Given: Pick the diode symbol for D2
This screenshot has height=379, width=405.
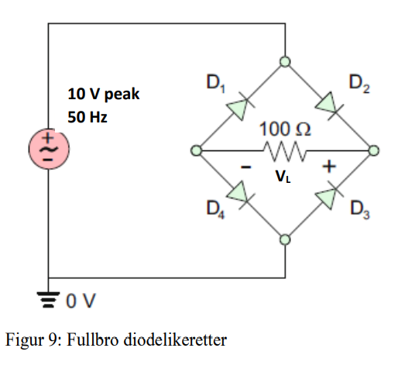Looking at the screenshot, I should (328, 105).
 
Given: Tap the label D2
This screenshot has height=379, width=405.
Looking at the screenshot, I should (359, 81).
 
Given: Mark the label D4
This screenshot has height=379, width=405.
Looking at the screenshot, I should (215, 209).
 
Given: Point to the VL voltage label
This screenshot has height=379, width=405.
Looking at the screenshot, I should (284, 176).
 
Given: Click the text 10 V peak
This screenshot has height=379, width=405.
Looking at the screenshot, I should (103, 95).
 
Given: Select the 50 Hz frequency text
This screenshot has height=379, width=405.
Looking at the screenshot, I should (87, 118).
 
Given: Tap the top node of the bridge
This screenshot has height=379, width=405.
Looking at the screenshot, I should (285, 61).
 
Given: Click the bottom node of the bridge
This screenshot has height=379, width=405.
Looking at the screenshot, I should (285, 239).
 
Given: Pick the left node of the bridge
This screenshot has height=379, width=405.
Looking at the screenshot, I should (197, 150).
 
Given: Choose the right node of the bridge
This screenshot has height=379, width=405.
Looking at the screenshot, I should (374, 150).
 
